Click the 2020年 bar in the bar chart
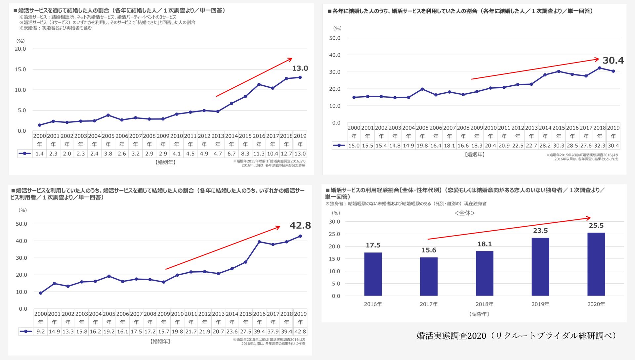596,264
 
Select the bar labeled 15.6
429,276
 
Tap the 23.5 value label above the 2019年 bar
540,231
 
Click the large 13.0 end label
300,68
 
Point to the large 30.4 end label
613,60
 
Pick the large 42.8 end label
300,225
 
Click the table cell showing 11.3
259,154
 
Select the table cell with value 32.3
600,146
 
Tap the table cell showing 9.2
41,331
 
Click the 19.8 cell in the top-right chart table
422,146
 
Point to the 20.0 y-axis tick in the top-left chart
20,49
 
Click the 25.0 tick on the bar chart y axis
334,234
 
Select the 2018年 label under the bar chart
485,304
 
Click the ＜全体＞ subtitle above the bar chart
465,213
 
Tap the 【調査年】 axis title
479,314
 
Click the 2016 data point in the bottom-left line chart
259,242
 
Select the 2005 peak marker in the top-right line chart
422,89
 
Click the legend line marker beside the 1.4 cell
25,154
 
